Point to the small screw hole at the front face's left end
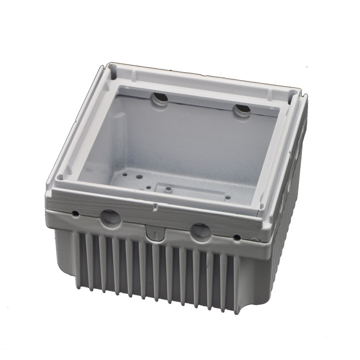[75, 212]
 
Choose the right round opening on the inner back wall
[242, 110]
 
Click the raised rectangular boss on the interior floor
[189, 189]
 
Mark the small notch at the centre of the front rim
[155, 207]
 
